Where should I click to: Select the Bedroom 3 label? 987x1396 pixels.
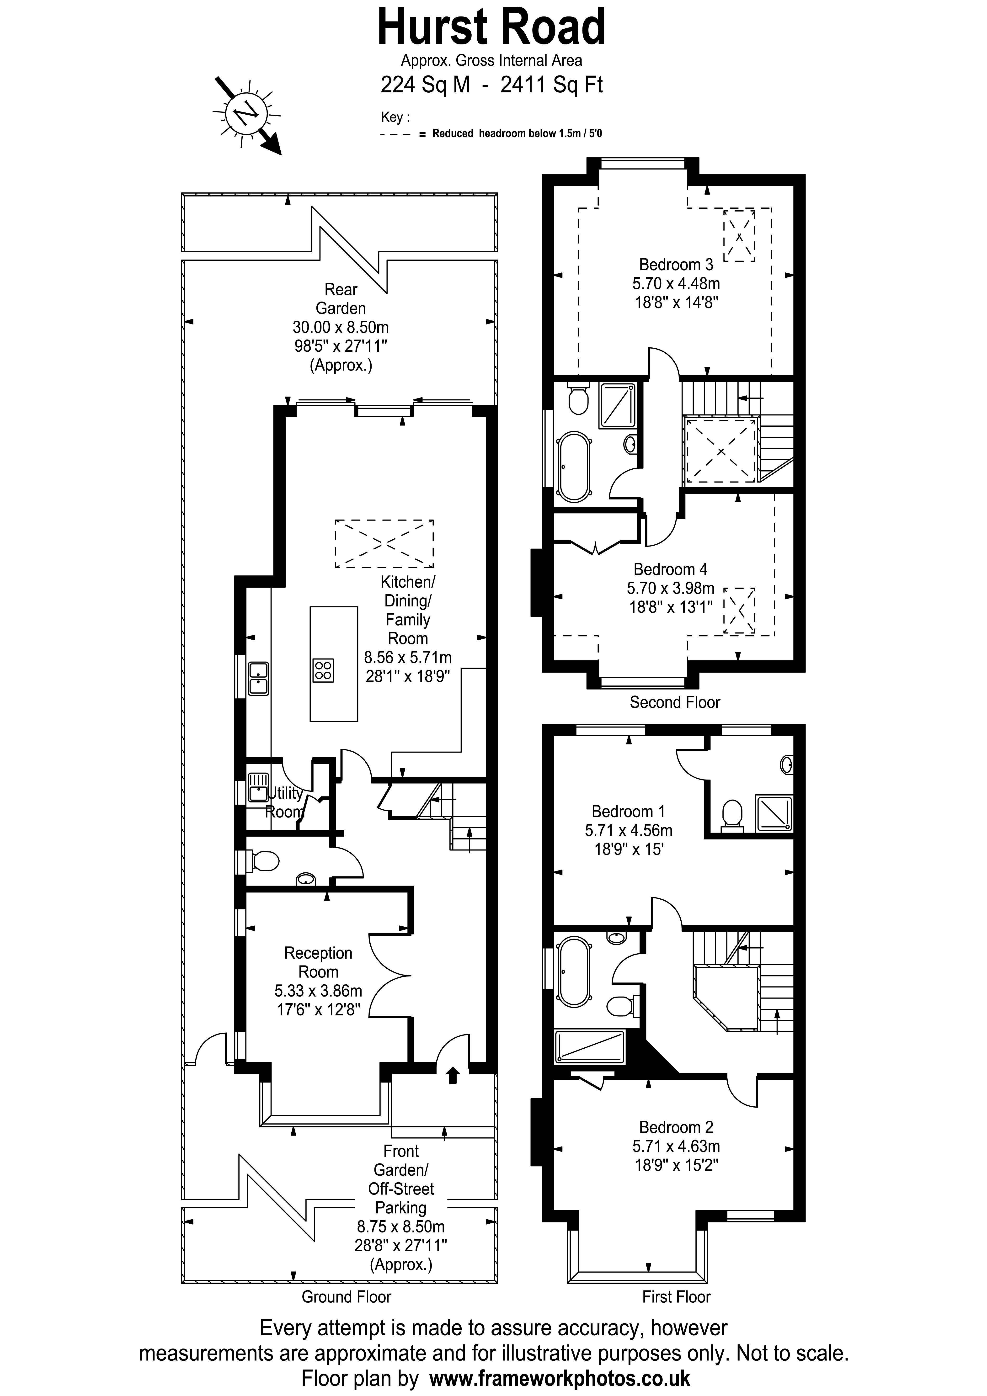pyautogui.click(x=676, y=265)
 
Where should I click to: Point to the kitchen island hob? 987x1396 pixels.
pyautogui.click(x=323, y=670)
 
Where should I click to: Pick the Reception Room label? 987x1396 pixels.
pyautogui.click(x=318, y=962)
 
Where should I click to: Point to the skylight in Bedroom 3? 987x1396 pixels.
pyautogui.click(x=739, y=236)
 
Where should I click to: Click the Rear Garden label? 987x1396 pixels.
pyautogui.click(x=341, y=298)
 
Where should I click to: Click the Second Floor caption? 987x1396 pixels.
pyautogui.click(x=674, y=702)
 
